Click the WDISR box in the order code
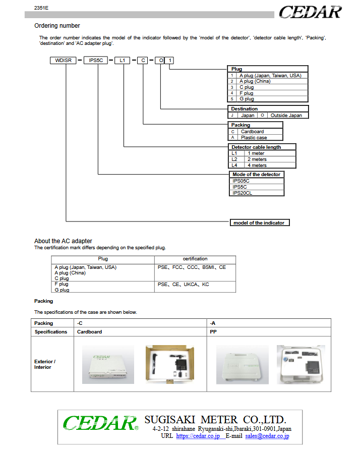(x=63, y=60)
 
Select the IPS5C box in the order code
(x=96, y=60)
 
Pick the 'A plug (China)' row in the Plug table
(x=255, y=81)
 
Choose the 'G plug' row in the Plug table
(x=247, y=99)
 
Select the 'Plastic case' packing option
(x=254, y=138)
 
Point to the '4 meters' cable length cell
(x=257, y=165)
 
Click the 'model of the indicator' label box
(x=259, y=222)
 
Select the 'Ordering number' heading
(x=57, y=26)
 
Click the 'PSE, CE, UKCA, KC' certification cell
(x=184, y=285)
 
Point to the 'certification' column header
(x=195, y=259)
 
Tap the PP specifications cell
(x=213, y=332)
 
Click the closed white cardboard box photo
(x=108, y=365)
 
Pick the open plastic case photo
(x=301, y=364)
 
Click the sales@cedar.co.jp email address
(x=267, y=436)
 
